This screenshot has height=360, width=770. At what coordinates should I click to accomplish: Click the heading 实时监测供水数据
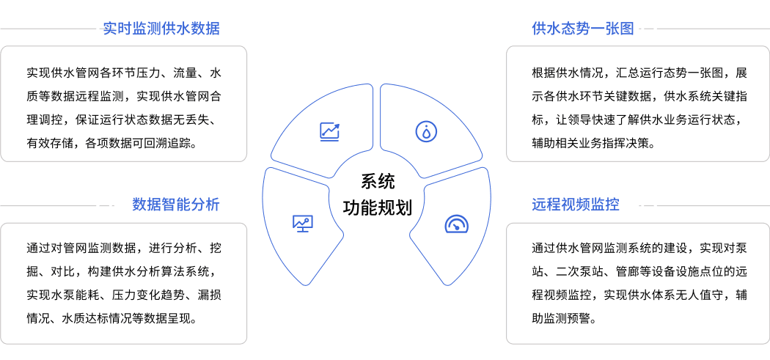coord(161,28)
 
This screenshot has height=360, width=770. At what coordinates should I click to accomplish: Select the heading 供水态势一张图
coord(583,28)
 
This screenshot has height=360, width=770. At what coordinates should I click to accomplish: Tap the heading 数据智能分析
coord(176,205)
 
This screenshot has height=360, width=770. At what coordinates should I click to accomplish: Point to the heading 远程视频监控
coord(576,205)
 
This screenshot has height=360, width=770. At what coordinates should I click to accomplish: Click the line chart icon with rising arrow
coord(329,132)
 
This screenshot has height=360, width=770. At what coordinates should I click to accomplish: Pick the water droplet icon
coord(426,132)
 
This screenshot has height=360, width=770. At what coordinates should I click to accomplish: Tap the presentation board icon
coord(302,224)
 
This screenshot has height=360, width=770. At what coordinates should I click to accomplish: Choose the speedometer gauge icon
coord(457,224)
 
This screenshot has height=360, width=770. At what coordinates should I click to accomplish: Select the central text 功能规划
coord(378,207)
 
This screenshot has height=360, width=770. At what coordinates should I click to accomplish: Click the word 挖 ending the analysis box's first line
coord(216,247)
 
